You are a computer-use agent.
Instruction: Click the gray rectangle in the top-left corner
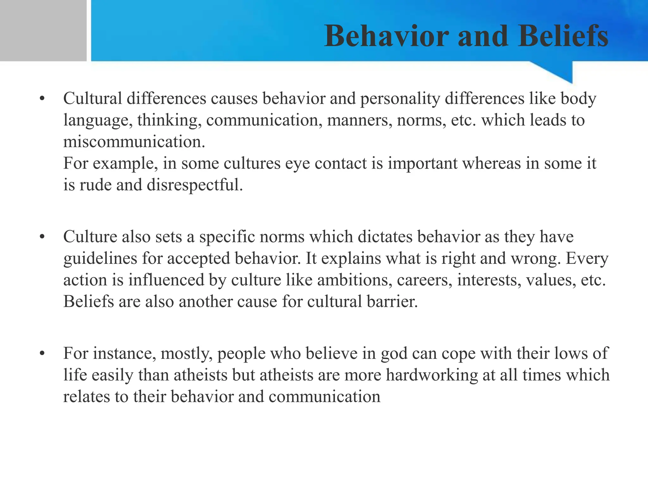pos(43,30)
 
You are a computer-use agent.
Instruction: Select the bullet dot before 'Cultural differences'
pos(42,99)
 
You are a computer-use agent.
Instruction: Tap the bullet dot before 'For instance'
pos(42,354)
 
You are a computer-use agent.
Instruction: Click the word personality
pos(400,99)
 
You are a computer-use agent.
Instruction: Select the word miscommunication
pos(134,142)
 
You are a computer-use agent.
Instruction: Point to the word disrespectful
pos(195,185)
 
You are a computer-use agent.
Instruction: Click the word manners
pos(358,120)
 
